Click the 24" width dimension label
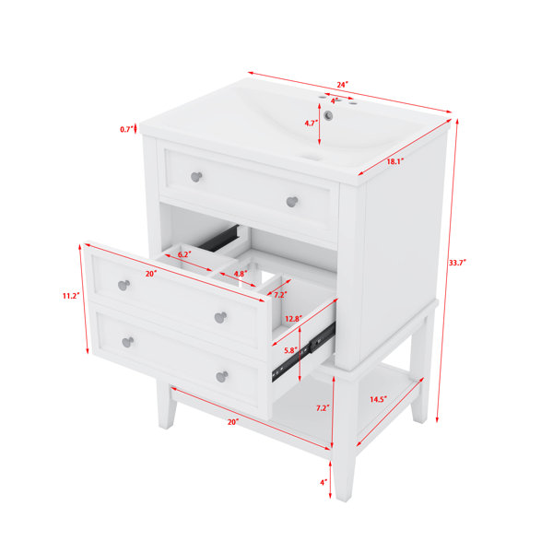[342, 85]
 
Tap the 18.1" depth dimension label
[395, 162]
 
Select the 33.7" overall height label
[457, 263]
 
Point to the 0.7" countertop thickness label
[126, 129]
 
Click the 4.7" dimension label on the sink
[312, 124]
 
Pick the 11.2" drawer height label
[71, 296]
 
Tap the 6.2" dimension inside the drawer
[184, 254]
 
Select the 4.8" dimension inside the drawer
[241, 274]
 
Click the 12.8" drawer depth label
[293, 319]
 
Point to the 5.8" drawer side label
[291, 350]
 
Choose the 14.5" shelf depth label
[379, 399]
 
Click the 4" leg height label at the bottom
[324, 482]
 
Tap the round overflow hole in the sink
[328, 115]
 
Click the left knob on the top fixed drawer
[196, 177]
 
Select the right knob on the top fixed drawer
[292, 202]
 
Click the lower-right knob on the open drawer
[222, 376]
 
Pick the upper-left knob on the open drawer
[124, 285]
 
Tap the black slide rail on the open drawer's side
[303, 353]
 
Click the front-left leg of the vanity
[167, 405]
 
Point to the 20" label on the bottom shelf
[233, 422]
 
